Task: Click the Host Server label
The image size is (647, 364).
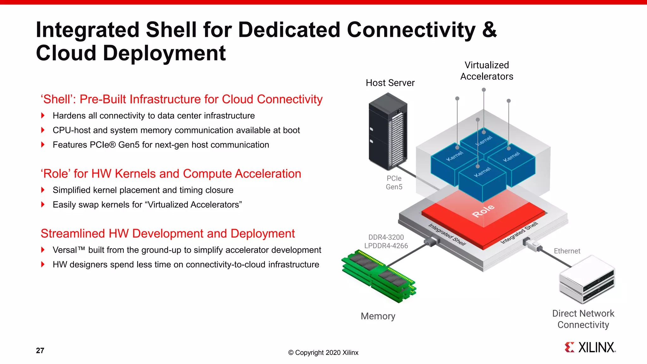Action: (390, 83)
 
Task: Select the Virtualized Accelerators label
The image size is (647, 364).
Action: (487, 71)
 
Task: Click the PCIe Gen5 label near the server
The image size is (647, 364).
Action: (394, 183)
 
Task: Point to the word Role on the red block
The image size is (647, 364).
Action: (483, 211)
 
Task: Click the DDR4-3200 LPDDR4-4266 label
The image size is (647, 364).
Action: (386, 241)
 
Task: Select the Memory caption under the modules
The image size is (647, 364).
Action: (378, 316)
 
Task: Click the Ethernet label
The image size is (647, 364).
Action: (567, 251)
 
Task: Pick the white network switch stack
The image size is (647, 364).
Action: (587, 279)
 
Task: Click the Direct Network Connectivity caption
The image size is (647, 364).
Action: (583, 319)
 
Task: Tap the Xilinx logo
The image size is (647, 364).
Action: (590, 347)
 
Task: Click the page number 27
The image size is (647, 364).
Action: (40, 350)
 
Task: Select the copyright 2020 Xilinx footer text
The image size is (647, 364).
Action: (323, 353)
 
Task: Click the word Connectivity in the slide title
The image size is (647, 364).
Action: (411, 30)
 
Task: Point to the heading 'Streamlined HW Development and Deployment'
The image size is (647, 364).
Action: (167, 234)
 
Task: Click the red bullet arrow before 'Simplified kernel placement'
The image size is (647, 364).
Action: (43, 190)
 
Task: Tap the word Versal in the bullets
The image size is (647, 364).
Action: (65, 250)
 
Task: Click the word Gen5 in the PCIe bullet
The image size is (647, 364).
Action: (129, 145)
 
